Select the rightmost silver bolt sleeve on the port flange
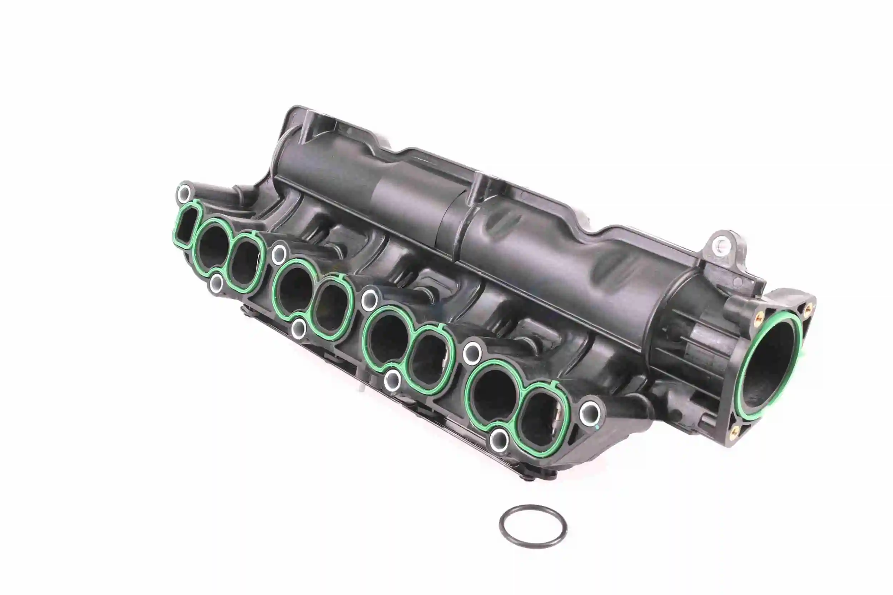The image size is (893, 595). (x=590, y=411)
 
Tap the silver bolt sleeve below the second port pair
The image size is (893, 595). (x=299, y=328)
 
